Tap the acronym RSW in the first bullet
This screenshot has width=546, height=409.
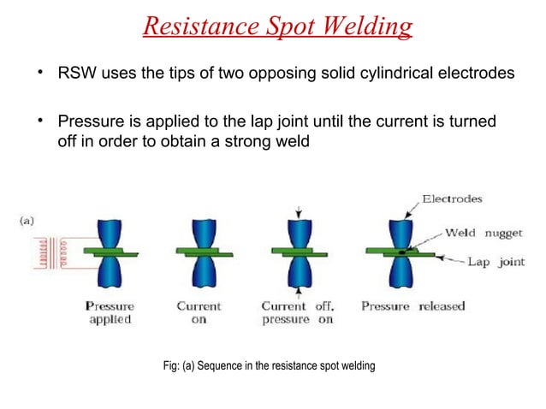tap(75, 74)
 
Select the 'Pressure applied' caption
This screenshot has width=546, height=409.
tap(109, 312)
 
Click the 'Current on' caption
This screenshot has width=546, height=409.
tap(199, 312)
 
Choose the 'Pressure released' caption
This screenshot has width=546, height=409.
tap(412, 305)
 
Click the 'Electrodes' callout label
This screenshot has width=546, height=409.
tap(452, 199)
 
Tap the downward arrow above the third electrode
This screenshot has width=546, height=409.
tap(297, 210)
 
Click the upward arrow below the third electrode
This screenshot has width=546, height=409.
tap(297, 292)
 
